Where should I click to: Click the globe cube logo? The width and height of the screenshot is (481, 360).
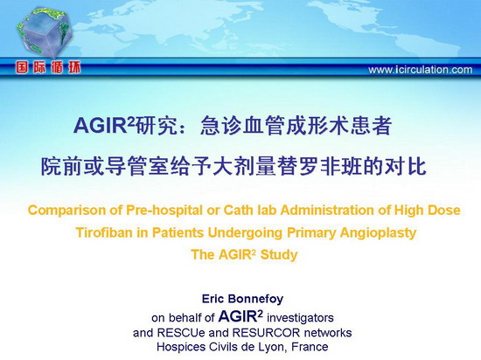[x=45, y=32]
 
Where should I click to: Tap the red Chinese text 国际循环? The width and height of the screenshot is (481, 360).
[x=48, y=67]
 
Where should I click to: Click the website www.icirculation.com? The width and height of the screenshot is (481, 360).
[x=421, y=70]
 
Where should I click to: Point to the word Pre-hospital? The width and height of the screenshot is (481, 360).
[x=164, y=211]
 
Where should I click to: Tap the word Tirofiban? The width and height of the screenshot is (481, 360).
[x=104, y=232]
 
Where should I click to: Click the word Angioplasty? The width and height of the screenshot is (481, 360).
[x=378, y=232]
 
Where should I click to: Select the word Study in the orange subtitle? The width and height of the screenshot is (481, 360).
[x=279, y=255]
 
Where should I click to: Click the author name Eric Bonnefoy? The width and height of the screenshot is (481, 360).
[x=242, y=299]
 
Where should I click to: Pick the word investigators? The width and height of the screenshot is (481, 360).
[x=300, y=318]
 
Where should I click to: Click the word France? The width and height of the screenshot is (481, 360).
[x=310, y=347]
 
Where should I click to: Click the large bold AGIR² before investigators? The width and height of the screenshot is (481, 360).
[x=240, y=316]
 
